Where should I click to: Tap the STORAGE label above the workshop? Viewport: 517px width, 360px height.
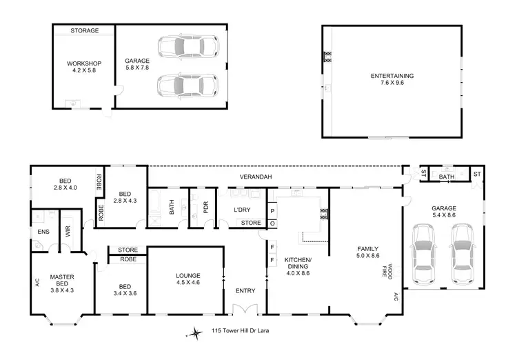click(84, 30)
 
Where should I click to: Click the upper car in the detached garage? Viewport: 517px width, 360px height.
click(186, 48)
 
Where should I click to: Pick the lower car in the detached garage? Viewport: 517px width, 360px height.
click(186, 86)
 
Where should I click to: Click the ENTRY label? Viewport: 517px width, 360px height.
click(245, 291)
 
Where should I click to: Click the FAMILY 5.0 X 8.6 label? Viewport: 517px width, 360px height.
click(364, 252)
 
